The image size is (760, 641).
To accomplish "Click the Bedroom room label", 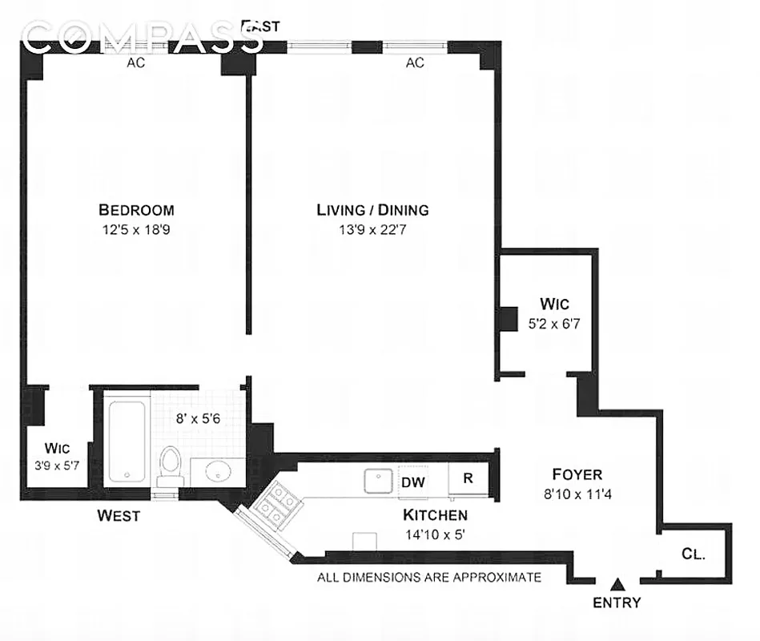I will tap(136, 210).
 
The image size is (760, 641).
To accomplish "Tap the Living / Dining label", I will tap(372, 210).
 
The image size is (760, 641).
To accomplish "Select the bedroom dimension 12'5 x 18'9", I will tap(136, 231).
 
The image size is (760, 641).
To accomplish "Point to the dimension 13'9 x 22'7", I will tap(372, 231).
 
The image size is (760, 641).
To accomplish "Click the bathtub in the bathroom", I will tap(127, 441).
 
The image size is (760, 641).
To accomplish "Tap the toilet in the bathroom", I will tap(170, 465).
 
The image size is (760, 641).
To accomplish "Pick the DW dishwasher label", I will tap(412, 482).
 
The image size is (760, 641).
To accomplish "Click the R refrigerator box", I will tap(465, 478).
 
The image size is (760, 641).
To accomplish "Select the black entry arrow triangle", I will tap(617, 583).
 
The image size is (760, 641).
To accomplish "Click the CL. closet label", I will tap(693, 554).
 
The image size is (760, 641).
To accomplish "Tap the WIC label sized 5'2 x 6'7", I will tap(554, 304).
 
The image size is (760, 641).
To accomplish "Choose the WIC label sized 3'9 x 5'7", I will tap(58, 447).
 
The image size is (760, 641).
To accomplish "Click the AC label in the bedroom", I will tap(135, 63).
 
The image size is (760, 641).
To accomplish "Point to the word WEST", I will tap(119, 515).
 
